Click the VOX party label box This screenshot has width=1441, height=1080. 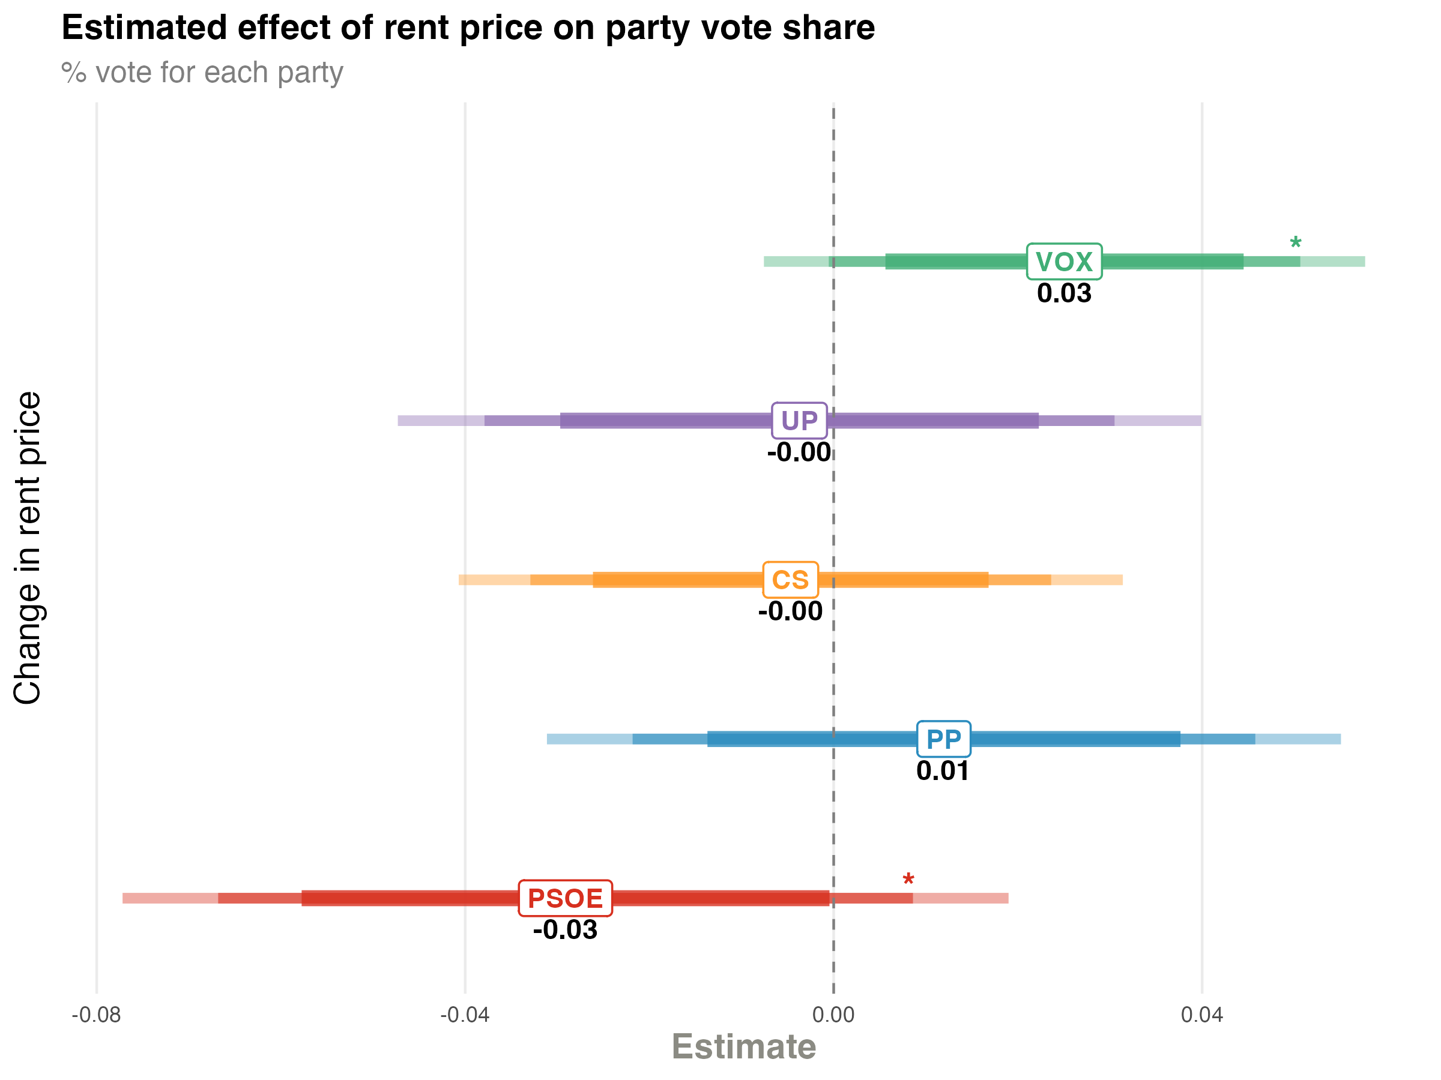(x=1064, y=262)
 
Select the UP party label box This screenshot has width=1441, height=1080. (x=799, y=421)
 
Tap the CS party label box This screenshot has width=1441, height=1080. (x=790, y=580)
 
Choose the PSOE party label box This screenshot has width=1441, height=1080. (x=565, y=898)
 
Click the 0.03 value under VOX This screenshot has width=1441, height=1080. (x=1064, y=293)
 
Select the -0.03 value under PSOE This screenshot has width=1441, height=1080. (x=565, y=929)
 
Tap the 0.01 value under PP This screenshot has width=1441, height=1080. (x=943, y=772)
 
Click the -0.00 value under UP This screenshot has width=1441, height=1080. (x=799, y=452)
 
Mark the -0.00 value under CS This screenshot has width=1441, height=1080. (x=790, y=611)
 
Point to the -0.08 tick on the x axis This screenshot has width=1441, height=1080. (x=97, y=1015)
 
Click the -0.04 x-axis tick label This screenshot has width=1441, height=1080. (x=465, y=1015)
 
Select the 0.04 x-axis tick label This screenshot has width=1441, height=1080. (x=1202, y=1015)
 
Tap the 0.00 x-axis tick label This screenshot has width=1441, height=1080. (x=833, y=1015)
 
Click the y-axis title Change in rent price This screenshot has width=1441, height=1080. (x=28, y=548)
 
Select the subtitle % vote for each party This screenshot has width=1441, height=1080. (x=202, y=72)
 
